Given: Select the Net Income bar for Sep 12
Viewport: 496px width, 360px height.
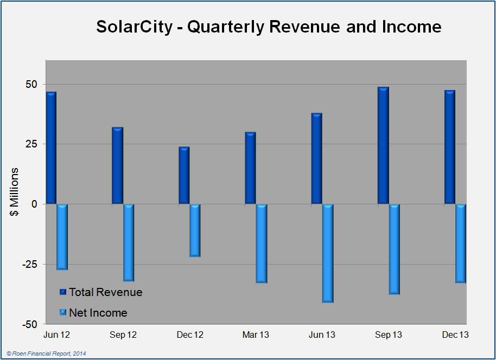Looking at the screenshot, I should click(x=129, y=242).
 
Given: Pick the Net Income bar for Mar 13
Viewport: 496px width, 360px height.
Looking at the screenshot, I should click(x=262, y=243).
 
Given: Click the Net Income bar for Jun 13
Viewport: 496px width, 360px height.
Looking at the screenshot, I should click(x=328, y=253).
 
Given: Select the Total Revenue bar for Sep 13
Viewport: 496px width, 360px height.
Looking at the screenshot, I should click(x=383, y=145).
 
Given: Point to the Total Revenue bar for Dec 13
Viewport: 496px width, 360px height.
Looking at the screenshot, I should click(x=450, y=147).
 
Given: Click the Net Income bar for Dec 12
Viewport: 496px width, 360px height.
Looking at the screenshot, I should click(x=195, y=230).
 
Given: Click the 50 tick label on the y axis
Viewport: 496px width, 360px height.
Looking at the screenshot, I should click(x=31, y=85).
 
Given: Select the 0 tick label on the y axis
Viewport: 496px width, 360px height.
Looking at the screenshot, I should click(x=34, y=204).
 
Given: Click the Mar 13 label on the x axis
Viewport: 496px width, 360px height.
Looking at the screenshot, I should click(x=256, y=335).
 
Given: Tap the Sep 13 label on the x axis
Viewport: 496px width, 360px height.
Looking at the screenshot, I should click(x=389, y=335).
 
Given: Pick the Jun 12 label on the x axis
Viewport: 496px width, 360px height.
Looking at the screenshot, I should click(x=56, y=335).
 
